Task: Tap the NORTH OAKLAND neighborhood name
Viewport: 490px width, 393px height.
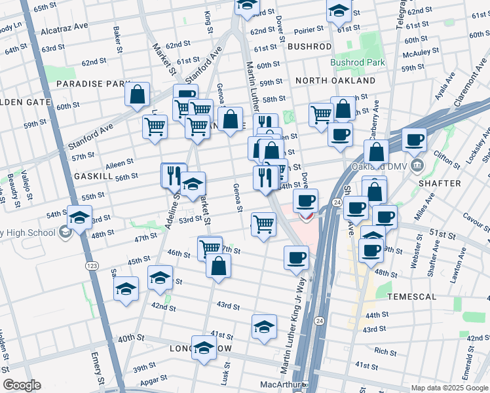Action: coord(335,81)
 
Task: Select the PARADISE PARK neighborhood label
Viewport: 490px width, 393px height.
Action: coord(94,84)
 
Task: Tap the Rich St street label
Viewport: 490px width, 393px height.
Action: coord(381,351)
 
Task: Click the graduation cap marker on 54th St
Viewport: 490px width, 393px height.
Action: coord(79,217)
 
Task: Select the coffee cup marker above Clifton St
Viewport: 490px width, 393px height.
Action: coord(414,139)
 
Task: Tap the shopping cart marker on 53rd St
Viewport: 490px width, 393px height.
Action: coord(263,224)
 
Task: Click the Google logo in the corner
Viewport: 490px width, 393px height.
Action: coord(22,385)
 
